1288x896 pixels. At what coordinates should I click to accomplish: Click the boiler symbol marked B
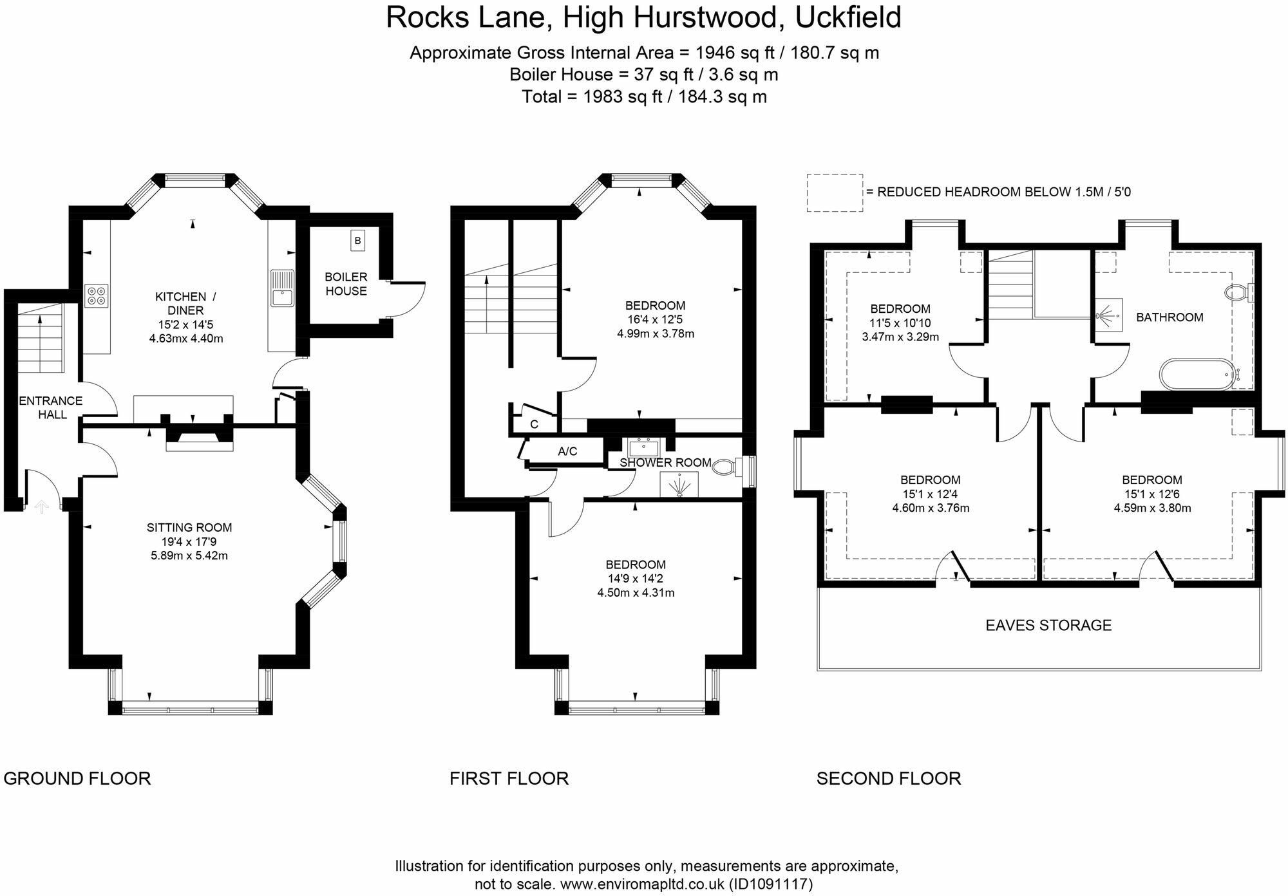(x=357, y=241)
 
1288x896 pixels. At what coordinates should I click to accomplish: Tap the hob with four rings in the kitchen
(x=96, y=295)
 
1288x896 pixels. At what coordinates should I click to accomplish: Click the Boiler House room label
(x=346, y=284)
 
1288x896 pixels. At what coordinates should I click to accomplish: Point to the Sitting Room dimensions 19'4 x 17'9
(x=189, y=541)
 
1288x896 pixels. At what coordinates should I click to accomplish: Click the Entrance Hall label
(x=51, y=407)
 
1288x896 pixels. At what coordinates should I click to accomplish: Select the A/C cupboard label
(x=567, y=452)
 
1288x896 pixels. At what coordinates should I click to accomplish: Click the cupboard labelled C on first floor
(x=534, y=424)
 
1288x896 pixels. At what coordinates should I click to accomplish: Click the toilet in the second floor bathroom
(x=1236, y=293)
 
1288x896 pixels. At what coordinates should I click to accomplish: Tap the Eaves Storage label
(x=1048, y=625)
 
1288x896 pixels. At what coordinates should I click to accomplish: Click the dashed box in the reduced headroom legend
(x=835, y=192)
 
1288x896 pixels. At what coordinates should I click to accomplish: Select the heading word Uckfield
(x=848, y=17)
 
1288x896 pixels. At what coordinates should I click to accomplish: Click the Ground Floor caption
(x=77, y=778)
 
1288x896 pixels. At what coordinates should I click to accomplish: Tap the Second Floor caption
(x=889, y=778)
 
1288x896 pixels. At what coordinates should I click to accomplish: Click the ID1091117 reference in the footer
(x=771, y=884)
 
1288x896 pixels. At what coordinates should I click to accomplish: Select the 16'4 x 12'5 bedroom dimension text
(x=655, y=319)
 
